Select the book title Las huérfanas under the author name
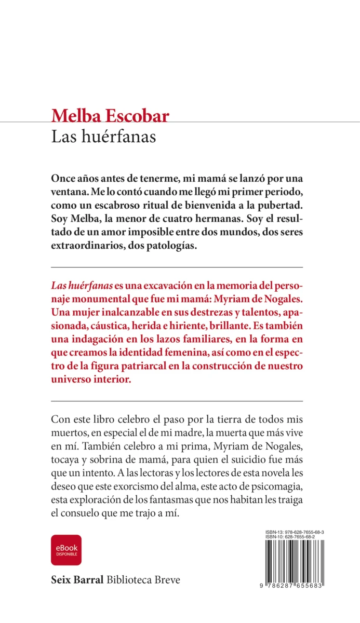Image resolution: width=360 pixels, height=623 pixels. point(104,137)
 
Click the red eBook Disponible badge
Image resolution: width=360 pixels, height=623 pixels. point(66,550)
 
